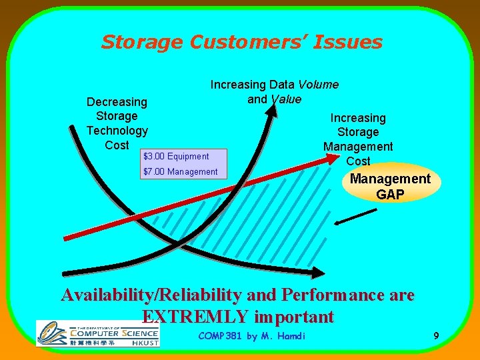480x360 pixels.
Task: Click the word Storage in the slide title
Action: tap(142, 43)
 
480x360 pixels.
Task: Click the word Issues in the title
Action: tap(351, 42)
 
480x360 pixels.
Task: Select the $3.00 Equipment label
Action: tap(176, 156)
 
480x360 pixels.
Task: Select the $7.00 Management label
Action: tap(180, 172)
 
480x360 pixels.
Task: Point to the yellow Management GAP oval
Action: tap(391, 186)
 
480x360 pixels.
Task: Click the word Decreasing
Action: tap(117, 102)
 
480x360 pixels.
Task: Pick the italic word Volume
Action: tap(318, 85)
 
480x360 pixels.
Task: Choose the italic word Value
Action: tap(285, 99)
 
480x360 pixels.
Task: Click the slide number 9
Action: tap(435, 336)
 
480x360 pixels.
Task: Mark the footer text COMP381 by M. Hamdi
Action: tap(252, 336)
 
